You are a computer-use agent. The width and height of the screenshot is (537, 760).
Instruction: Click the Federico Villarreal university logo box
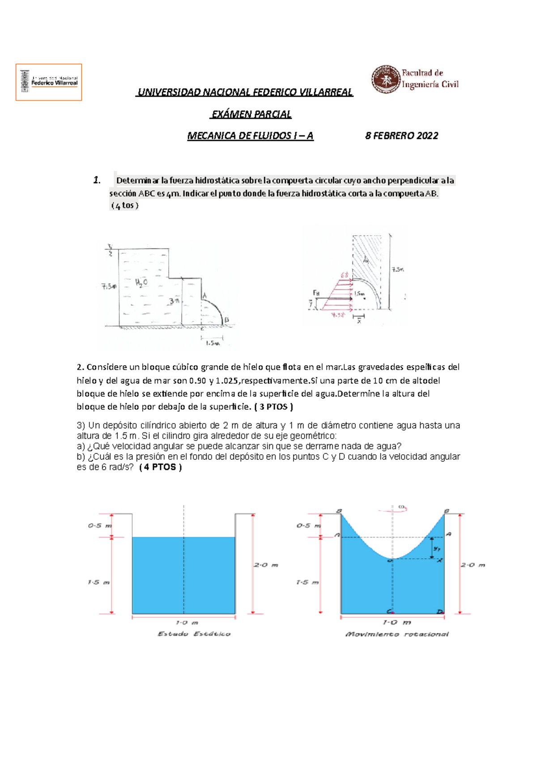click(49, 82)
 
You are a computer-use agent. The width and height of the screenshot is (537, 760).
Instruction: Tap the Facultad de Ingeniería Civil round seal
click(385, 79)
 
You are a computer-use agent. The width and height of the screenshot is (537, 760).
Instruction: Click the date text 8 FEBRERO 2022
click(401, 136)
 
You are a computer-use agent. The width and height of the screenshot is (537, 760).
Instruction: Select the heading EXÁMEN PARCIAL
click(251, 115)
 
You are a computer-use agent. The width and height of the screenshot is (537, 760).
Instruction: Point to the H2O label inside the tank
click(141, 282)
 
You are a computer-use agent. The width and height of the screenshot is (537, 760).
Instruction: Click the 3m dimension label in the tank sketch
click(174, 301)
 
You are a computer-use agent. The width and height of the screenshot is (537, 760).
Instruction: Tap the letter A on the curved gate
click(205, 295)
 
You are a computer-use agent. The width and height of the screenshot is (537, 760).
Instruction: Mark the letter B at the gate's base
click(227, 320)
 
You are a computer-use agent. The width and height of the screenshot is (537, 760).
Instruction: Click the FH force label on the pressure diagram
click(316, 293)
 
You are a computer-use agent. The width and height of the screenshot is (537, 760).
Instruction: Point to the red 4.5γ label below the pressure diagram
click(338, 315)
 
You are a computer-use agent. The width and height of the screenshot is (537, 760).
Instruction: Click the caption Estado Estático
click(194, 634)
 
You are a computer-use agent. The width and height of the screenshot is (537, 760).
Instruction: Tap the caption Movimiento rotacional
click(396, 634)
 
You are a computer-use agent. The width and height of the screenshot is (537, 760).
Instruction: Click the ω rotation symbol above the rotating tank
click(401, 507)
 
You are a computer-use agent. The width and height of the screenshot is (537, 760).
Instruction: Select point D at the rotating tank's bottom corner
click(440, 611)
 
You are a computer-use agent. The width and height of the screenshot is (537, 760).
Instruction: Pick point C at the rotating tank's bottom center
click(390, 611)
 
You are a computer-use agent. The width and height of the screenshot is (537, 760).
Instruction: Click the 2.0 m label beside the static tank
click(266, 565)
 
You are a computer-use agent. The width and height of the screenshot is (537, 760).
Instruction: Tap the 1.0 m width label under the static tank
click(187, 623)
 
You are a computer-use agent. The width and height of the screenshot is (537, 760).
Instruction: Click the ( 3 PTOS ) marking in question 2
click(273, 407)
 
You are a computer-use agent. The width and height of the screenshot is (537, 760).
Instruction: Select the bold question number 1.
click(97, 180)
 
